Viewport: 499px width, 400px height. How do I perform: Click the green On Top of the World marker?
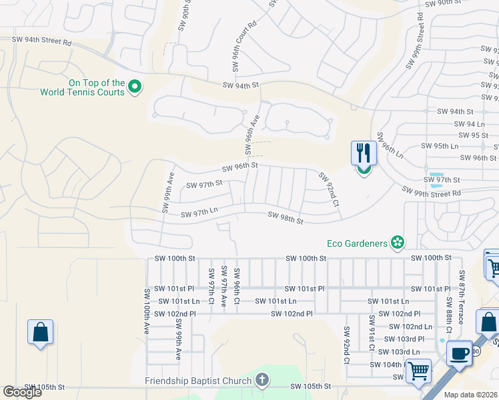click(134, 87)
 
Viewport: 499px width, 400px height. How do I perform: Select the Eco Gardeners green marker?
click(398, 243)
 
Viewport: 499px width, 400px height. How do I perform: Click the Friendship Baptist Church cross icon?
click(262, 381)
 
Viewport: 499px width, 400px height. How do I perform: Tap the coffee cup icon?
click(460, 353)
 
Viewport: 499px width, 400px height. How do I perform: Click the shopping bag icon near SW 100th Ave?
click(40, 331)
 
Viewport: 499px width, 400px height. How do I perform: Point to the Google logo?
click(22, 392)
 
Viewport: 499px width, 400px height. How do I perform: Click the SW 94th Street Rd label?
click(41, 41)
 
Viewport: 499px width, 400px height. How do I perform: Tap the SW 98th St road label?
click(286, 217)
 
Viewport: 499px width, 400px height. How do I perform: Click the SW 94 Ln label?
click(469, 124)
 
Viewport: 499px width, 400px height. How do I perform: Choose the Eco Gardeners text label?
click(356, 243)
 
